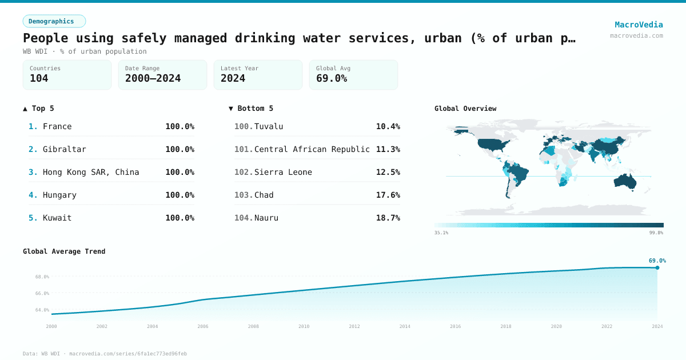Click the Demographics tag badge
point(54,21)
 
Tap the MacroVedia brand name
point(639,25)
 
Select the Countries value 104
point(39,78)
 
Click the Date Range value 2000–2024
point(153,78)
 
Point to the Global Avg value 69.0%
point(332,78)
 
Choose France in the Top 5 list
point(57,126)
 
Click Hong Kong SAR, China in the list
point(91,172)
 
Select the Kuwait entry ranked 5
point(57,218)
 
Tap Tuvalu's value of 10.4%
point(388,126)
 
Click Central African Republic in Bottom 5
point(312,149)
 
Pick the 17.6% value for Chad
point(388,195)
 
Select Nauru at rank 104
point(266,218)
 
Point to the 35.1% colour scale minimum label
point(441,233)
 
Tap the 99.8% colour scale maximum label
point(656,233)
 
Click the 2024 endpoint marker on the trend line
point(657,267)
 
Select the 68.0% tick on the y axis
point(42,277)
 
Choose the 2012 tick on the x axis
point(354,326)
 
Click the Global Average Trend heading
point(64,251)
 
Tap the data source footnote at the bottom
point(105,354)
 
